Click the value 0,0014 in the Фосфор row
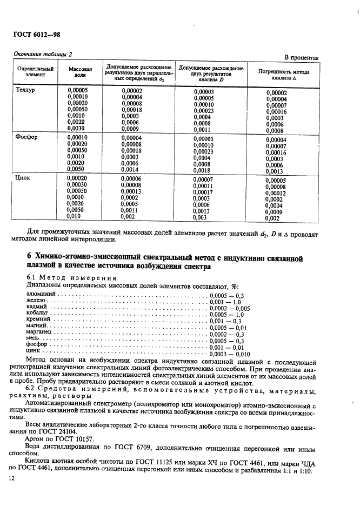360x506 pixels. (x=130, y=169)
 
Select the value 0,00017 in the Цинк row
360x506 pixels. (x=203, y=192)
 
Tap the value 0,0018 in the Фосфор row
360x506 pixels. (x=202, y=170)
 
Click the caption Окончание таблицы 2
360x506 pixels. (x=42, y=54)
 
